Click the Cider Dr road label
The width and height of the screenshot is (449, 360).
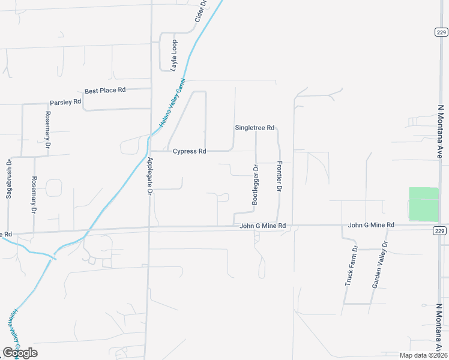coord(200,11)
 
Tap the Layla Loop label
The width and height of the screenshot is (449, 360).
coord(174,56)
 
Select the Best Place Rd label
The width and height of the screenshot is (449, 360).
coord(105,90)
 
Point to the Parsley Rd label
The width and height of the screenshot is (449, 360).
coord(65,102)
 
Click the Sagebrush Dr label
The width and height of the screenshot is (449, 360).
coord(9,179)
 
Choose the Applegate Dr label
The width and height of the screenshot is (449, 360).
coord(150,175)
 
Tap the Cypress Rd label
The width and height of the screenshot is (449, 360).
coord(190,151)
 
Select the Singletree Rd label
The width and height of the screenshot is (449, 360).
coord(255,128)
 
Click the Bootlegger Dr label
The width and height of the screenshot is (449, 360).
coord(255,185)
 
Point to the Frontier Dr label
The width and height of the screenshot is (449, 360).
coord(279,176)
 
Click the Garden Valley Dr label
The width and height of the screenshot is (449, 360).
coord(380,265)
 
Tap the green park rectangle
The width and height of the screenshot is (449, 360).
coord(424,204)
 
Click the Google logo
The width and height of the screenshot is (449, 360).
coord(20,353)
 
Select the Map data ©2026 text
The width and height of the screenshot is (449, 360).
coord(423,355)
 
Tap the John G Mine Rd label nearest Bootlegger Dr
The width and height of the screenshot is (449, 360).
coord(262,226)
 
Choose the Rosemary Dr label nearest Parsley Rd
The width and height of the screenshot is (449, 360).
coord(47,130)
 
